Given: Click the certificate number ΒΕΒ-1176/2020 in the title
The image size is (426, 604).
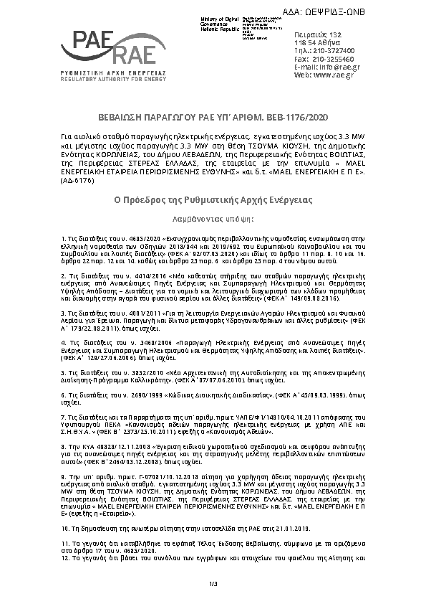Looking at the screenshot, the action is point(294,116).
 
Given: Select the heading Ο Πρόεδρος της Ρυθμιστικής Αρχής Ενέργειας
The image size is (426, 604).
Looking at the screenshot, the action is point(213,198).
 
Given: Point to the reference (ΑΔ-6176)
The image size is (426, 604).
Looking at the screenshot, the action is point(75,181).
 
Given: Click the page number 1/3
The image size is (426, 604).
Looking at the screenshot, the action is point(213,585).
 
